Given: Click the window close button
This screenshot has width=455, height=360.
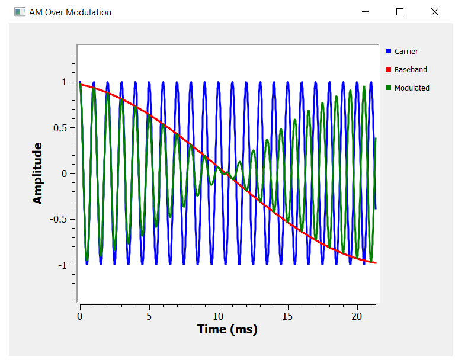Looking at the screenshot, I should pyautogui.click(x=434, y=12).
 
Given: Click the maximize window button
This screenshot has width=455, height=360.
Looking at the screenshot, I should pyautogui.click(x=400, y=12).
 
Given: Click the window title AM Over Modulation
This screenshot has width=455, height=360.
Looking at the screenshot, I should pyautogui.click(x=70, y=12).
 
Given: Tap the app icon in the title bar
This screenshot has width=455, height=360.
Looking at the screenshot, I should pyautogui.click(x=20, y=12).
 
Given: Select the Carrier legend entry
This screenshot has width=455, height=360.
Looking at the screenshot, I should pyautogui.click(x=406, y=52).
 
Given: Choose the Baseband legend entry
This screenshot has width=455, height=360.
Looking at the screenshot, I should pyautogui.click(x=411, y=70).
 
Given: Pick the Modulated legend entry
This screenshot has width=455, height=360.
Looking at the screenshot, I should pyautogui.click(x=412, y=88).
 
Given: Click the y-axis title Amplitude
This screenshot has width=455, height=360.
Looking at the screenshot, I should pyautogui.click(x=38, y=173).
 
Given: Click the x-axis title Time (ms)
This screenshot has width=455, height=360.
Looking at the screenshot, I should pyautogui.click(x=227, y=329).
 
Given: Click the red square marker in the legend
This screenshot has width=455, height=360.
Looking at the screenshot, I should pyautogui.click(x=389, y=70).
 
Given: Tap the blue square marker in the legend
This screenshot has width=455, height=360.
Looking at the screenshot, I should pyautogui.click(x=389, y=52).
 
